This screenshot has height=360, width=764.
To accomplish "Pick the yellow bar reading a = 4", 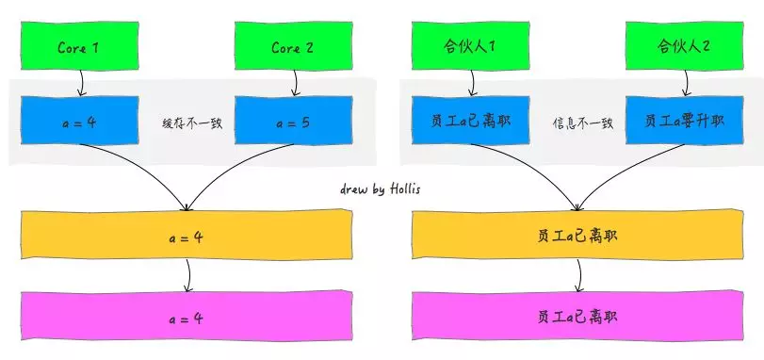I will click(186, 236).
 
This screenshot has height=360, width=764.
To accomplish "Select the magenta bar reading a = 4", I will click(186, 318).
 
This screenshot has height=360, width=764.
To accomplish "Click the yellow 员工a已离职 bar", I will click(577, 236).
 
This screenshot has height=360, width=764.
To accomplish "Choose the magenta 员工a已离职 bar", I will click(577, 318).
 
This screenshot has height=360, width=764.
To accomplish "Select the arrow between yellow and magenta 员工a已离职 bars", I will click(578, 276).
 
